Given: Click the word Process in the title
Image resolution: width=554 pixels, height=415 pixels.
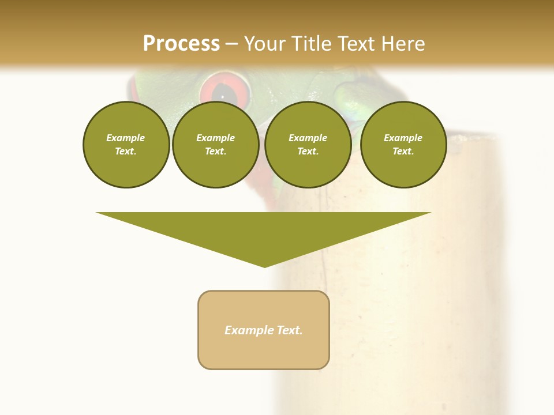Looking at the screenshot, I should point(181,44).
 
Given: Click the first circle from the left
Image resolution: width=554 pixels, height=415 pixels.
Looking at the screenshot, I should point(126,145).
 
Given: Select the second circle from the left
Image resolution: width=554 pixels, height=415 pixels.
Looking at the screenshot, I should point(216,145).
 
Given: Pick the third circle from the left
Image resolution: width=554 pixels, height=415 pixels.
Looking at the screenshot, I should point(308,145).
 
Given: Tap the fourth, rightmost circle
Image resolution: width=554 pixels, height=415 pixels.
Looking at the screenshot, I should point(403,145).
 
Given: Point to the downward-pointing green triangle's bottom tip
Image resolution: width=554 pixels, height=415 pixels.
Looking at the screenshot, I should point(265,266).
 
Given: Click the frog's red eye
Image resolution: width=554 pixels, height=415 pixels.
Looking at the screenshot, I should point(226,90).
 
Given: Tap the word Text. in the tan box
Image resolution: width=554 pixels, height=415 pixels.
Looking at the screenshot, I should point(288,330).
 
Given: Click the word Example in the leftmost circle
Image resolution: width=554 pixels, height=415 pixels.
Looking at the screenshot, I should point(126,138).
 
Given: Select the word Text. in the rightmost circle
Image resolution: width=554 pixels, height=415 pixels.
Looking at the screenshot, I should point(403,152).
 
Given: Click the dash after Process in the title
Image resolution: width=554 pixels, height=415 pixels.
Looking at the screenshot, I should point(232,44).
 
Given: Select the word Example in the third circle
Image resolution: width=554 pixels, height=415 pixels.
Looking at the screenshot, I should point(308,138).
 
